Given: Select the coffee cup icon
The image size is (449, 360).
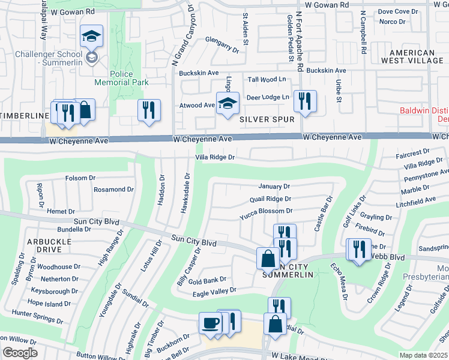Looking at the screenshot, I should tap(210, 323).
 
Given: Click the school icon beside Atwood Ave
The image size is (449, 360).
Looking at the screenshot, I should tap(228, 104).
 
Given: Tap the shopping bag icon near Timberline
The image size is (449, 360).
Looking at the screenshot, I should tap(85, 110).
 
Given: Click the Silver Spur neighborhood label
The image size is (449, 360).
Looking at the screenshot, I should tap(267, 119).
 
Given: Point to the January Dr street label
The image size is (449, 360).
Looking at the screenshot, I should tap(274, 187).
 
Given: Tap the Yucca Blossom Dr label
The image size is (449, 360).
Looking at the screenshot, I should tap(266, 211).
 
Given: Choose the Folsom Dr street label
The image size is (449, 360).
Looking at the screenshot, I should tap(80, 178).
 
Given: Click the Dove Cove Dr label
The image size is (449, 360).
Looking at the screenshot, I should tap(398, 11).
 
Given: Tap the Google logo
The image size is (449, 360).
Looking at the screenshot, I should tap(20, 353).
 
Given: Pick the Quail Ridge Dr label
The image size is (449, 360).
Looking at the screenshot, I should tap(270, 199).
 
